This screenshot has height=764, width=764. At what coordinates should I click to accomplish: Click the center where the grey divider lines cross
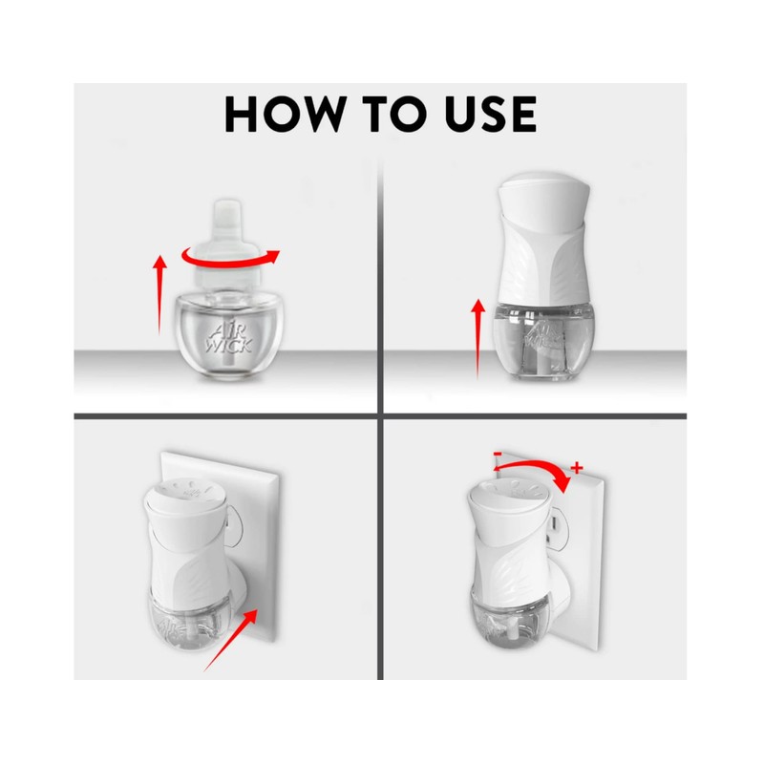coord(381,415)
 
